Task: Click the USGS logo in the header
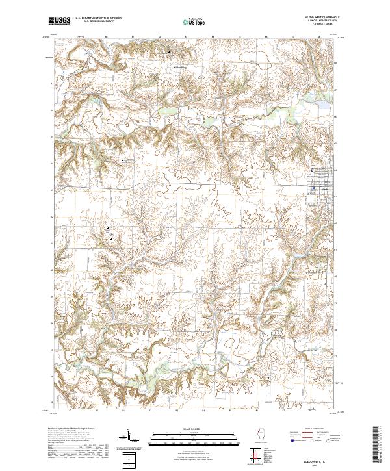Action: click(59, 21)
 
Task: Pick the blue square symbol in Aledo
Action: click(313, 189)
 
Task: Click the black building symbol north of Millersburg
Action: click(170, 52)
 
